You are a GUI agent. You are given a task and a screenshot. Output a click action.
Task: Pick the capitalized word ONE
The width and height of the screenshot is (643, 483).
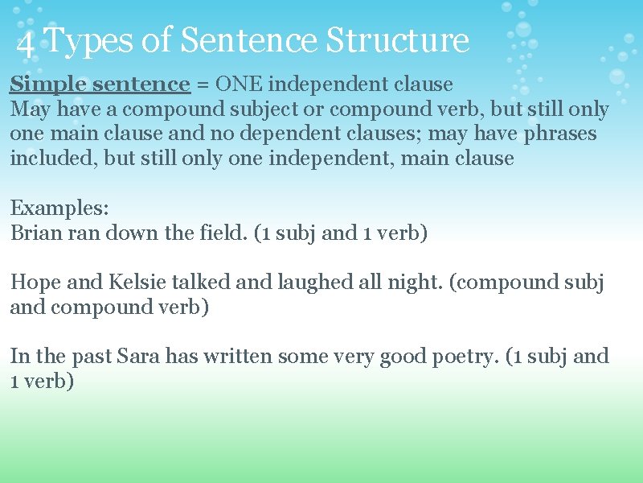click(x=237, y=84)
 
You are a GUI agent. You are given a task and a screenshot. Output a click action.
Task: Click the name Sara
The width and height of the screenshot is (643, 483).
click(x=141, y=356)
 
